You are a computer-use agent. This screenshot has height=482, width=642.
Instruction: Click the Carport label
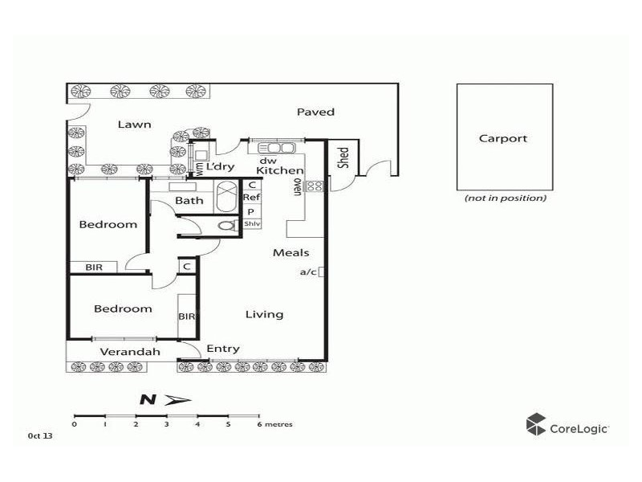pos(503,138)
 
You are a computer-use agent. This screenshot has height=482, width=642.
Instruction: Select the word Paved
pos(315,112)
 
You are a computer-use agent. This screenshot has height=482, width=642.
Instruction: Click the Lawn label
pos(134,125)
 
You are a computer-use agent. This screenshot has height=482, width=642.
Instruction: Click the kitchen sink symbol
pos(275,147)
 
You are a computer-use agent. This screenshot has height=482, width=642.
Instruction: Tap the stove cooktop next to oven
pos(315,186)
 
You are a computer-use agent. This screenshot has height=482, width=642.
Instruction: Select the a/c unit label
pos(308,272)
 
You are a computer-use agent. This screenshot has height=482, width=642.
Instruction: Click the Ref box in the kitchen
pos(252,198)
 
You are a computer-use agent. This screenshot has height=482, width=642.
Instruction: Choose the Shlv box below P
pos(252,224)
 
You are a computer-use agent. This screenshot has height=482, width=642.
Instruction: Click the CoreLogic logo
pos(567,426)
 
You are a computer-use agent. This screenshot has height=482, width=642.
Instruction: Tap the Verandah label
pos(129,352)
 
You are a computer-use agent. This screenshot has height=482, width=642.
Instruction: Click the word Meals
pos(291,253)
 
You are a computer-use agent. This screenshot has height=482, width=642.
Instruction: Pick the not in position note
pos(505,198)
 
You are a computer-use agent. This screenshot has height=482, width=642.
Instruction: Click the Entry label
pos(222,349)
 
